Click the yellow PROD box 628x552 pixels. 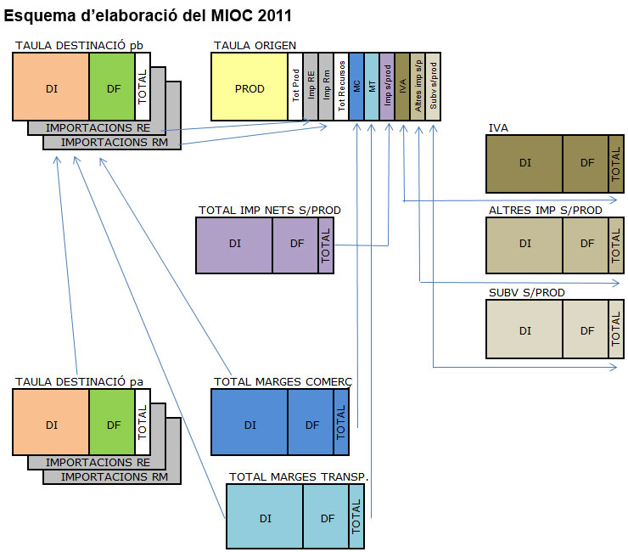(x=249, y=87)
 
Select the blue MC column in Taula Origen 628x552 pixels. (x=356, y=87)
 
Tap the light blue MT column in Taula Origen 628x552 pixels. (x=372, y=87)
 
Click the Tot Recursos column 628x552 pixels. (x=341, y=87)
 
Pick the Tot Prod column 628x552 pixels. (x=295, y=87)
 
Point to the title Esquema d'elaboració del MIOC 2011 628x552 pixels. (x=148, y=15)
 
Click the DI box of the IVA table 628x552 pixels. (x=524, y=163)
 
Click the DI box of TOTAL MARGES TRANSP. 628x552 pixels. (x=265, y=517)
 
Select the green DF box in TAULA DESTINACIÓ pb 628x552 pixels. (x=112, y=87)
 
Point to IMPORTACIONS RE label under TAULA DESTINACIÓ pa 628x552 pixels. (x=98, y=463)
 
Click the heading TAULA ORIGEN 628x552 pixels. (x=255, y=44)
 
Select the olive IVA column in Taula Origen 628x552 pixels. (x=402, y=87)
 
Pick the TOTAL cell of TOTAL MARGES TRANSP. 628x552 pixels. (x=356, y=517)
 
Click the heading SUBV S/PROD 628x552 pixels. (x=526, y=293)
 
